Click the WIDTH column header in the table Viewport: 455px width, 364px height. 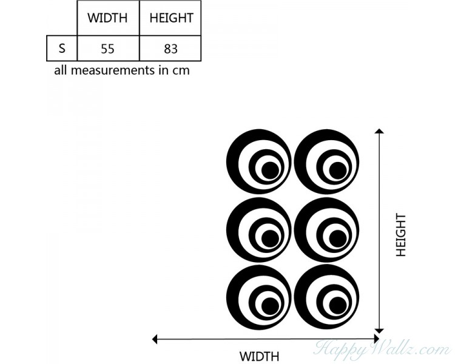point(107,18)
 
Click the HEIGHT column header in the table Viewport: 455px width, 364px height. point(170,18)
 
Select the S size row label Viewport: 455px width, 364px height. point(62,49)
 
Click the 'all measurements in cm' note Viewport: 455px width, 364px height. point(122,70)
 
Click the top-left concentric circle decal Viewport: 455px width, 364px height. point(259,162)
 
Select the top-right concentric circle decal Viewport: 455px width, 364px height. point(326,162)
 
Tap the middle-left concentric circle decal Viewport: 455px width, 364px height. point(259,229)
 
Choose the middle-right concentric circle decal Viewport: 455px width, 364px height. point(326,229)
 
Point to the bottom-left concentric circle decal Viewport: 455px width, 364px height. point(259,297)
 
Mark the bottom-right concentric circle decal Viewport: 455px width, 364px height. point(326,297)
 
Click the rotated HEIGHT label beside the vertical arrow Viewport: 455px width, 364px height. point(401,235)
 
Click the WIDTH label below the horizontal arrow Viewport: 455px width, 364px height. point(259,356)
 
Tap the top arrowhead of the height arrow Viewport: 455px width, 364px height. point(379,131)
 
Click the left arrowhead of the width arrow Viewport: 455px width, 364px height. point(155,339)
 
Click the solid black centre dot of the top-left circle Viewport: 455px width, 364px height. point(270,170)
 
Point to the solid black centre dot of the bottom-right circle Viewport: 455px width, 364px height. point(337,306)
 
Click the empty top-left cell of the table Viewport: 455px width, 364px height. point(62,18)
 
